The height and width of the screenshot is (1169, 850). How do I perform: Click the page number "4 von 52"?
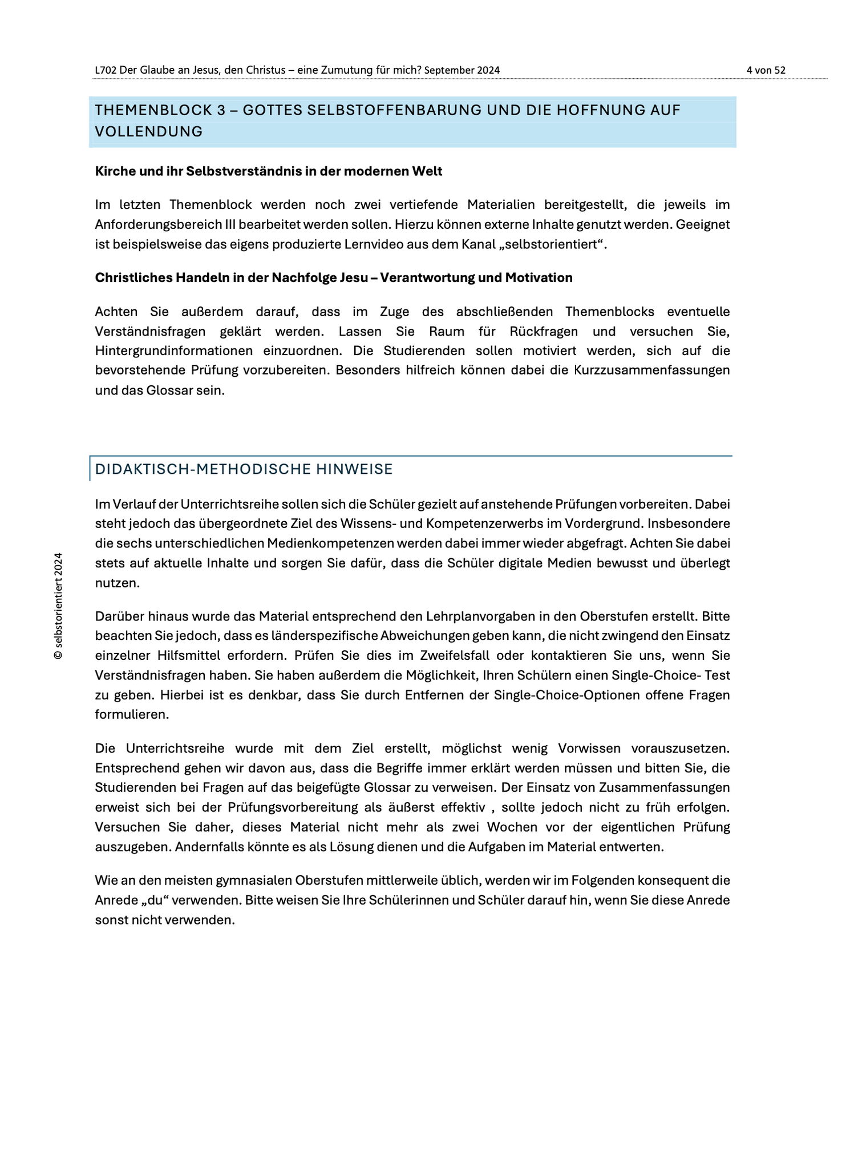[x=766, y=70]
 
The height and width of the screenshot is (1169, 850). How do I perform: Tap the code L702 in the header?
[x=106, y=70]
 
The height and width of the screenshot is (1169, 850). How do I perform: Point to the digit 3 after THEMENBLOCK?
[x=221, y=110]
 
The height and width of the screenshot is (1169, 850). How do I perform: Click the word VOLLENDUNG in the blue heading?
[x=148, y=132]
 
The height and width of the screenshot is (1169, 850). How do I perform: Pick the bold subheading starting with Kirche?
[x=268, y=171]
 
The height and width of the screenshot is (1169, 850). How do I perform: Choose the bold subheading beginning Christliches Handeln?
[x=333, y=278]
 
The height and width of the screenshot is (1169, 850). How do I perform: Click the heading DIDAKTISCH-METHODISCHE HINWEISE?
[x=244, y=469]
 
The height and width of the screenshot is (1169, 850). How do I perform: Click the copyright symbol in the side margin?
[x=58, y=655]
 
